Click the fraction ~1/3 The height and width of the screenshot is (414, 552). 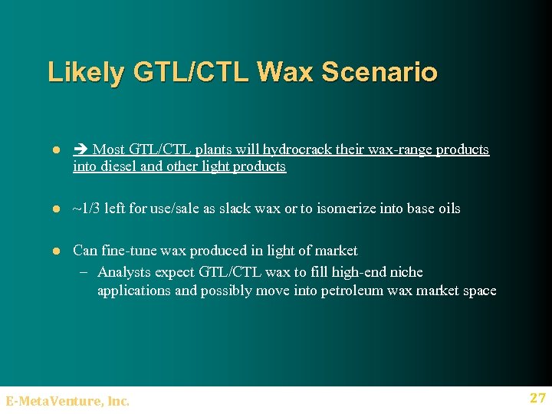click(89, 209)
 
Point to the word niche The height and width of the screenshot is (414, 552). click(405, 272)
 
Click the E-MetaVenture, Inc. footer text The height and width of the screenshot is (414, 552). click(67, 400)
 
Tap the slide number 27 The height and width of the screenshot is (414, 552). click(537, 397)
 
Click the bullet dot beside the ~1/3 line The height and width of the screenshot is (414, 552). click(56, 209)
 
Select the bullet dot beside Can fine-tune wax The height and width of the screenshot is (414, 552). click(56, 251)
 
